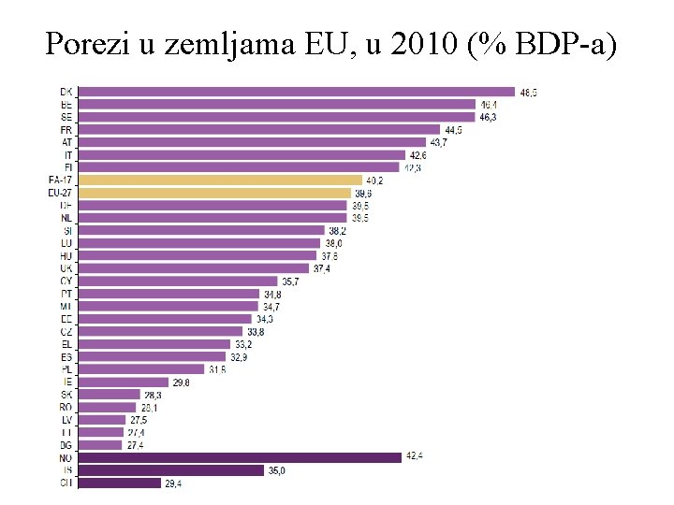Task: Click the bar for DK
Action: point(295,92)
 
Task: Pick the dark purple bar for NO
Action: point(240,457)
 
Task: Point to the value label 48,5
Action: point(529,92)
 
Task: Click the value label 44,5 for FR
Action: point(454,129)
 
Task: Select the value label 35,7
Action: point(291,281)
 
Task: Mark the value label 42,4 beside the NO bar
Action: point(415,457)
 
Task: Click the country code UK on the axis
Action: point(66,268)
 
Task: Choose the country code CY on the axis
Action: point(66,281)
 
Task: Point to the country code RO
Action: point(66,407)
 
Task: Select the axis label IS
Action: point(66,470)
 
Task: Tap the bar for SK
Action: point(109,395)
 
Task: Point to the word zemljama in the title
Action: point(233,44)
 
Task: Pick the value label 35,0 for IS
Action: point(276,470)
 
